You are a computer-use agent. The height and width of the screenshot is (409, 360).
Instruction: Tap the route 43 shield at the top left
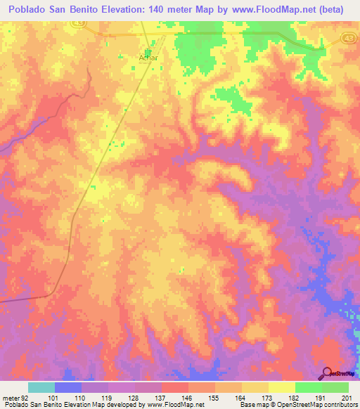75,25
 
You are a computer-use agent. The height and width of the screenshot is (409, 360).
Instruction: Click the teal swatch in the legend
41,387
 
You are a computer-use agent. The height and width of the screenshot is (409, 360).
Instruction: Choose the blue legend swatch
68,387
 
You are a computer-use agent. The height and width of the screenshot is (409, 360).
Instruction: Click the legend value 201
345,398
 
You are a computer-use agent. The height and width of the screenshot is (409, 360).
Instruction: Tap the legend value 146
186,398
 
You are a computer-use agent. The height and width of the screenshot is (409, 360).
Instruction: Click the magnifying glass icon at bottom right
326,374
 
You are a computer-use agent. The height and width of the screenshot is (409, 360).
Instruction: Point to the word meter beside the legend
11,398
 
